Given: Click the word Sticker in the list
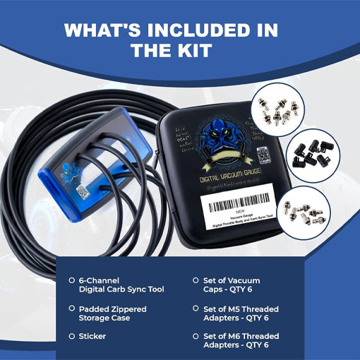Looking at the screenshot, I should click(x=93, y=337).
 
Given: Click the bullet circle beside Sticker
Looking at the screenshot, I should click(x=72, y=337).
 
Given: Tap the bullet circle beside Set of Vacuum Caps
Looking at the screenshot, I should click(x=196, y=280).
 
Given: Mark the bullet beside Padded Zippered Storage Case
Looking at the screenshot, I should click(x=72, y=308).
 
